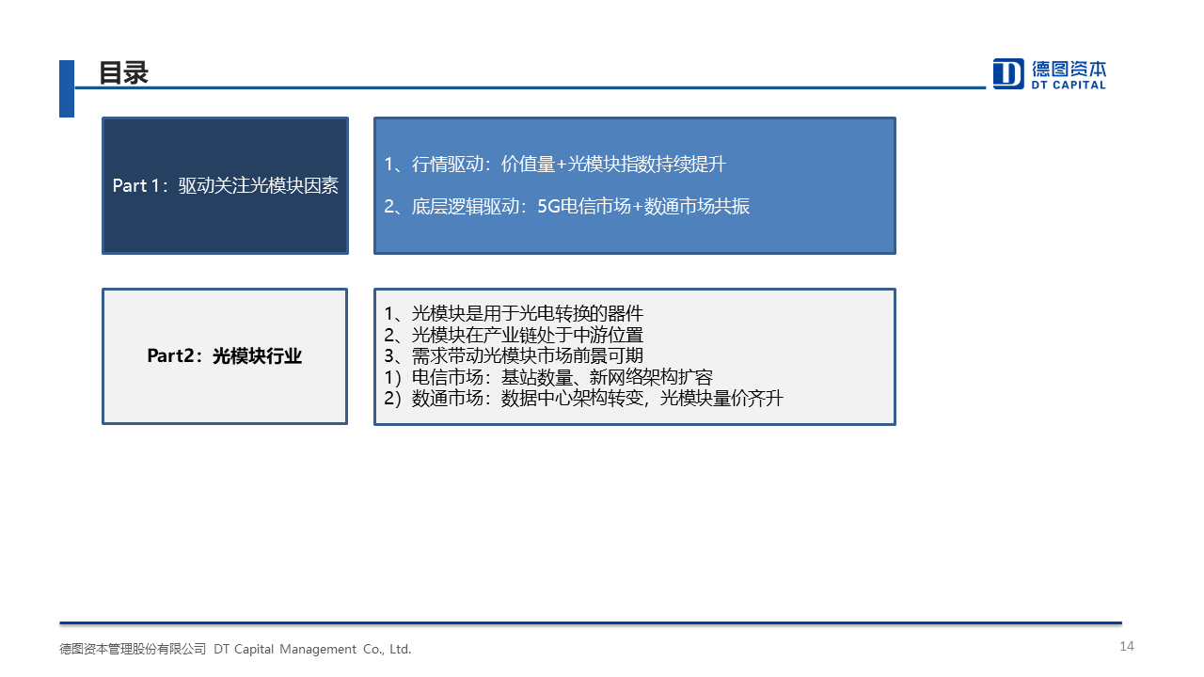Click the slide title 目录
123,73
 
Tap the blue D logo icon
1008,73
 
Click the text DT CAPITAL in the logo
1069,85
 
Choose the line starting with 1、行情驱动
555,164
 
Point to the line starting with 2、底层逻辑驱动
566,206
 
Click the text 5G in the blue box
548,206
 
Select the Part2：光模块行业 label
225,355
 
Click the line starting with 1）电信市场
548,377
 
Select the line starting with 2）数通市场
584,398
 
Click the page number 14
1127,646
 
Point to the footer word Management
318,649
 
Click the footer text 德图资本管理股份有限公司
133,649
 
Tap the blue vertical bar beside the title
67,88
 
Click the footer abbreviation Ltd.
401,649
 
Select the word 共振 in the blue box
732,206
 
